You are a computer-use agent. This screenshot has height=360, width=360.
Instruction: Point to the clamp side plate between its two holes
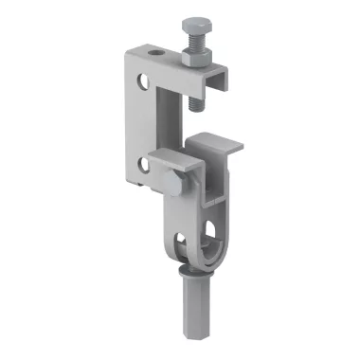[x=137, y=123]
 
